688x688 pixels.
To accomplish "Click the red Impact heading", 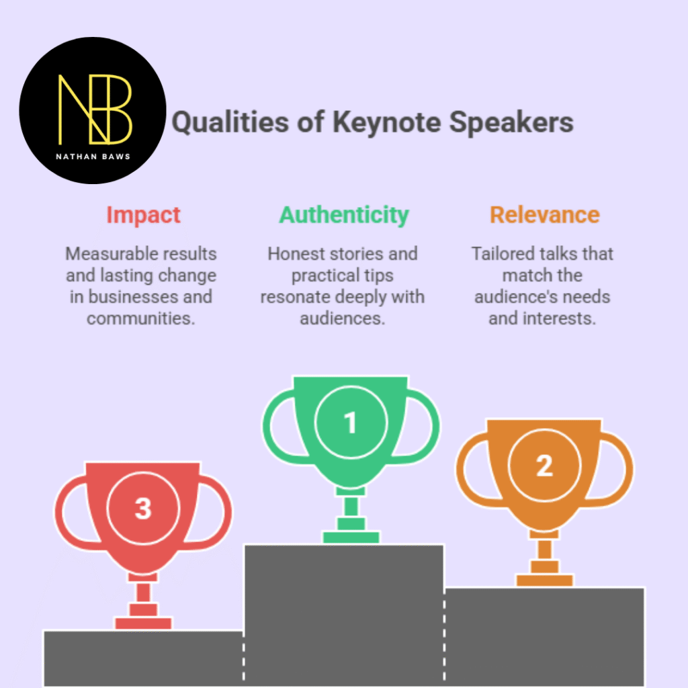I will pos(143,215).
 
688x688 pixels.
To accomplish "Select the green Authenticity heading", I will pos(344,215).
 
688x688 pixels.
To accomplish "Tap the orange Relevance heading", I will pos(544,215).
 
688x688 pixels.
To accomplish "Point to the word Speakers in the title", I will pos(511,123).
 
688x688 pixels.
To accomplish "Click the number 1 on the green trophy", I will pos(350,423).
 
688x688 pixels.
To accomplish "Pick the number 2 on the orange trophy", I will pos(544,466).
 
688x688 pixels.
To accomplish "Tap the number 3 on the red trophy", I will pos(143,509).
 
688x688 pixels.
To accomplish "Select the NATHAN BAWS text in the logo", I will pos(93,159).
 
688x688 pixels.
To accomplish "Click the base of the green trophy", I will pos(351,537).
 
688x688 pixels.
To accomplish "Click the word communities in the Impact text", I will pos(140,318).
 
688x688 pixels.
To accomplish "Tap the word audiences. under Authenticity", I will pos(343,318).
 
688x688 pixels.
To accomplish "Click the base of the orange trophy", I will pos(544,580).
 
